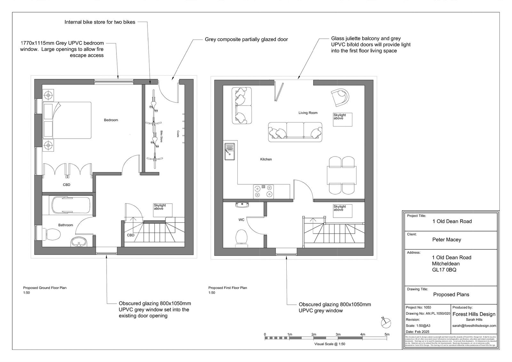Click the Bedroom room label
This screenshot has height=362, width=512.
pyautogui.click(x=111, y=120)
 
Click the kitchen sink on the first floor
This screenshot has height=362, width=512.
pyautogui.click(x=229, y=151)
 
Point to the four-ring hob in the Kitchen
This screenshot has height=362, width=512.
pyautogui.click(x=263, y=191)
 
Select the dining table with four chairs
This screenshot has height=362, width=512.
pyautogui.click(x=342, y=175)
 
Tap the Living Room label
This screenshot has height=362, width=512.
pyautogui.click(x=308, y=113)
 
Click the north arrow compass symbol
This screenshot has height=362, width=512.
pyautogui.click(x=386, y=322)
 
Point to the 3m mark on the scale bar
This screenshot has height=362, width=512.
pyautogui.click(x=338, y=334)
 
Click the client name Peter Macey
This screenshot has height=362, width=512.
pyautogui.click(x=446, y=239)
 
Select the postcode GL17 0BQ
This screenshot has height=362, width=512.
pyautogui.click(x=444, y=270)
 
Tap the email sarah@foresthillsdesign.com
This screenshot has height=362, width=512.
pyautogui.click(x=474, y=326)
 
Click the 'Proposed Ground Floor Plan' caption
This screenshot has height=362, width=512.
pyautogui.click(x=45, y=288)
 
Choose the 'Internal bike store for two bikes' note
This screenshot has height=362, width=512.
pyautogui.click(x=100, y=22)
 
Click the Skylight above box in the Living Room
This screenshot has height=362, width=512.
pyautogui.click(x=342, y=119)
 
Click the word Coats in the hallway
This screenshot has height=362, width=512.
pyautogui.click(x=178, y=134)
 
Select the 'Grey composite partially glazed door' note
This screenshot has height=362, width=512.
pyautogui.click(x=246, y=39)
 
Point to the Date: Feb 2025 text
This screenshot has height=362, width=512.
pyautogui.click(x=418, y=332)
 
